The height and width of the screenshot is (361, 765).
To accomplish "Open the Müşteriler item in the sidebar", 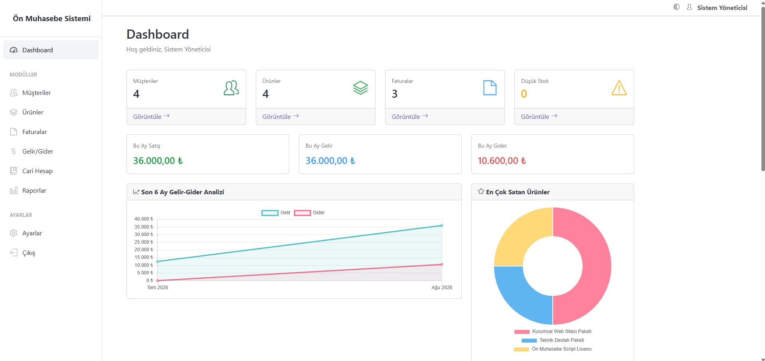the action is pos(36,93).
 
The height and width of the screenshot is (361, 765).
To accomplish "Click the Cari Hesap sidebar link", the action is pos(37,171).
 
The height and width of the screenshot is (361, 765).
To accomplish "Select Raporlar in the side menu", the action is pos(34,190).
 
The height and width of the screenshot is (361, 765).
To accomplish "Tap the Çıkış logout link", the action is pos(28,253).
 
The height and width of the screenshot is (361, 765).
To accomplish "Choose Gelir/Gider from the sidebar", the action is pos(38,151).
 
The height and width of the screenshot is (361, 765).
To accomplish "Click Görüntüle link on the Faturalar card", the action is pos(410,116).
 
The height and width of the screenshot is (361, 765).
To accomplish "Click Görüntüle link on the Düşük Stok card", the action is pos(539,116).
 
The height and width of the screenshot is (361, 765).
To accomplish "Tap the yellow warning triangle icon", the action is pos(619,88).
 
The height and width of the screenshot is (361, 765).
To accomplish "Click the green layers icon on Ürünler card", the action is pos(360,88).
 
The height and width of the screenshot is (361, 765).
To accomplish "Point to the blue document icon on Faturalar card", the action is pos(490,88).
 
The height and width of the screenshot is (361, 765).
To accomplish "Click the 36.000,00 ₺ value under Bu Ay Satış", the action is pos(158,160).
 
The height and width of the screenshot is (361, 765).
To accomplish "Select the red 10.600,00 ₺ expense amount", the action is pos(502,160).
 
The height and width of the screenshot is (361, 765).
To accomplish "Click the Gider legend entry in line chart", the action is pos(309,213).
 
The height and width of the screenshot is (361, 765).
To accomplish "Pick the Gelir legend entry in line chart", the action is pos(276,213).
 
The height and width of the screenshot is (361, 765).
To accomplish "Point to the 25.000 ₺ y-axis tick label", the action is pos(144,242).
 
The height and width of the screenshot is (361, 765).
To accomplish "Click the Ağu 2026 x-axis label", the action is pos(442,288).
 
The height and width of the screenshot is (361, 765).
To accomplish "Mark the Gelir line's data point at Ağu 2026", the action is pos(442,226).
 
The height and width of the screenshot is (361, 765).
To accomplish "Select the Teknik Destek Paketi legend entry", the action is pos(553,340).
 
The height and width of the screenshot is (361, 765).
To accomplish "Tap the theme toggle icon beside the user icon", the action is pos(676,7).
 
